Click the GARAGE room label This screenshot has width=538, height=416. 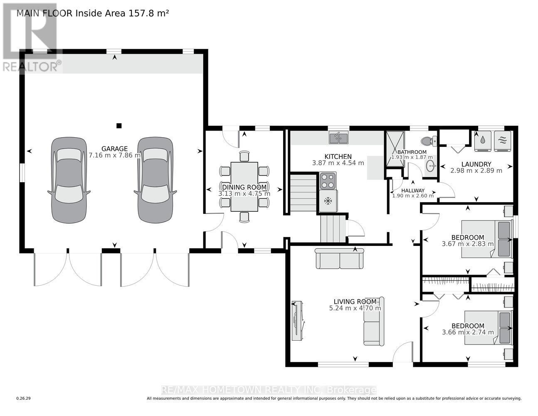point(114,149)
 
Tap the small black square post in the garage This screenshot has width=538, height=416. point(119,126)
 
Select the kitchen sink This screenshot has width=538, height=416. point(338,137)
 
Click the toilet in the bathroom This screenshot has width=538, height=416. point(428,141)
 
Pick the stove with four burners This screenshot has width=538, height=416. point(328,181)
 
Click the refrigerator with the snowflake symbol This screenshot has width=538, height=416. point(328,201)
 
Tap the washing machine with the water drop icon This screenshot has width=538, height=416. point(483,141)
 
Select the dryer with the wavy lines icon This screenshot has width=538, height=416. point(502,141)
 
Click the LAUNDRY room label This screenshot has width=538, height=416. point(476,164)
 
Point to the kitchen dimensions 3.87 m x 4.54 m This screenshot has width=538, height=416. point(338,163)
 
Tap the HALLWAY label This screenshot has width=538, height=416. point(413,191)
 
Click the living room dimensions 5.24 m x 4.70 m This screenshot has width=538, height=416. point(355,308)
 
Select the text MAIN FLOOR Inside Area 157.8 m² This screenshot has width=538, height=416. point(93,13)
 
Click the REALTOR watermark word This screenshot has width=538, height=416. point(31,67)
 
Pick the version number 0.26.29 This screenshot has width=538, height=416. point(24,399)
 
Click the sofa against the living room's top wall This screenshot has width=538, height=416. point(339,258)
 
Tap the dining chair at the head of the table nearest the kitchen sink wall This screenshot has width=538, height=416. point(244,156)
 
